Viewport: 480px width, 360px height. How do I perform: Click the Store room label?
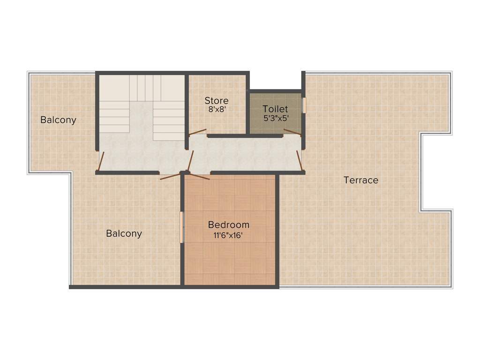pos(217,101)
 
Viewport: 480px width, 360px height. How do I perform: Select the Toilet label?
pos(275,109)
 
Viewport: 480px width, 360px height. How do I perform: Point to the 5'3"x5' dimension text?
pos(275,118)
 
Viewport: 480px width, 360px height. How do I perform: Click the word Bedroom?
pos(229,225)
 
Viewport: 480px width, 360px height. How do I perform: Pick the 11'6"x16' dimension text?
pos(229,235)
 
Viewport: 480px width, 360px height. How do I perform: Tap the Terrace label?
pos(361,180)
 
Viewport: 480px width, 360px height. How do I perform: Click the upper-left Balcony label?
pos(58,120)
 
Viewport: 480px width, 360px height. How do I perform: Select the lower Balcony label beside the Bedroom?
pos(124,233)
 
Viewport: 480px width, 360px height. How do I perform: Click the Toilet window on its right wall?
pos(304,105)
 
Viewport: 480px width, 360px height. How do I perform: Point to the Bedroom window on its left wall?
pos(182,227)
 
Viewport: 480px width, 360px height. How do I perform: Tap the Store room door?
pos(197,132)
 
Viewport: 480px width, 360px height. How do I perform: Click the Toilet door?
pos(292,132)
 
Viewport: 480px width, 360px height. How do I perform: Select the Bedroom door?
pos(197,176)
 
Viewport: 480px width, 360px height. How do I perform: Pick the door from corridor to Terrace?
pos(300,160)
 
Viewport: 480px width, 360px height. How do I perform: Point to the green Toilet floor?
pos(275,127)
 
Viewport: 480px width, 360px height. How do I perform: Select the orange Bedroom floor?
pos(230,258)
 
